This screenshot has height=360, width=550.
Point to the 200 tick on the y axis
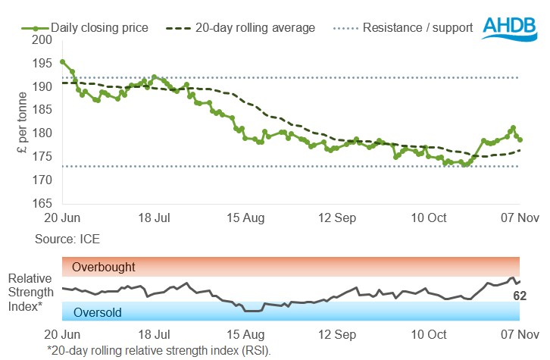pyautogui.click(x=44, y=39)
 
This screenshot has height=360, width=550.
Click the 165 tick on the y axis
pyautogui.click(x=44, y=204)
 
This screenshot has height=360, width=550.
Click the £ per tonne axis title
pyautogui.click(x=22, y=121)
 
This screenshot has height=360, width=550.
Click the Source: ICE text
pyautogui.click(x=67, y=239)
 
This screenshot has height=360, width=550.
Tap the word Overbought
pyautogui.click(x=104, y=267)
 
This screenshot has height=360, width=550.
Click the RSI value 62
pyautogui.click(x=520, y=296)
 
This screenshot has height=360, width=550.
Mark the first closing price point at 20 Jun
pyautogui.click(x=62, y=62)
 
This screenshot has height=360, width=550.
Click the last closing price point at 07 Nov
pyautogui.click(x=520, y=139)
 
